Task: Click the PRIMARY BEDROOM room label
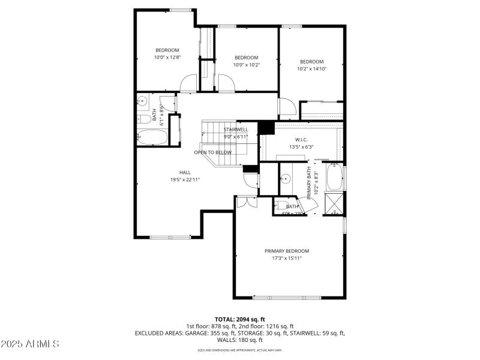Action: tap(287, 251)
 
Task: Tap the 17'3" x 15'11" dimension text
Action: tap(287, 258)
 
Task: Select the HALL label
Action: tap(185, 172)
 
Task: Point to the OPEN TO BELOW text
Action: tap(212, 152)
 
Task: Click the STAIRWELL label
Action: tap(236, 130)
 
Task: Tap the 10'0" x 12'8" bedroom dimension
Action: tap(167, 57)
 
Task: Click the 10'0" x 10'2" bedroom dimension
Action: tap(246, 65)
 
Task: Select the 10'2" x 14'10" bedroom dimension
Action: tap(312, 68)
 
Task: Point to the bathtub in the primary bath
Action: tap(334, 177)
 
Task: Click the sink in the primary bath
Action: tap(286, 178)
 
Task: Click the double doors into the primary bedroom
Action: tap(245, 202)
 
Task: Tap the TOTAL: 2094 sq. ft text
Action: tap(239, 319)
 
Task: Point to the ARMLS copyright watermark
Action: tap(30, 344)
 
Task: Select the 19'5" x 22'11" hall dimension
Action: tap(185, 179)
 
